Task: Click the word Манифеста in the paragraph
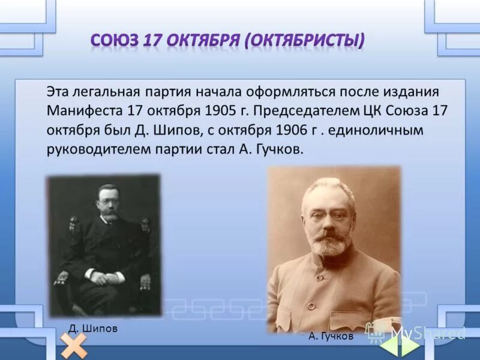[x=85, y=111]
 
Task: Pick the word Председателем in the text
[x=308, y=111]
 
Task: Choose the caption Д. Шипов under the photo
[x=92, y=329]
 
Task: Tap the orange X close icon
[x=73, y=346]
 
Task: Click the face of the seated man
[x=109, y=203]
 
